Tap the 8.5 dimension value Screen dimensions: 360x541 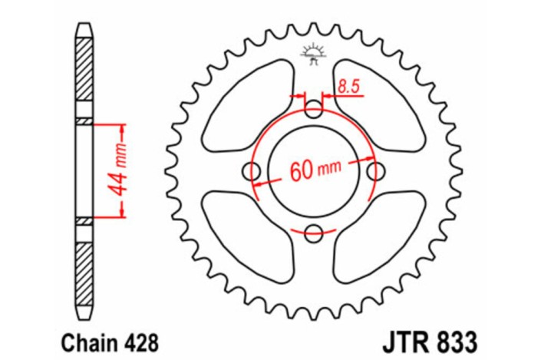click(348, 87)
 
